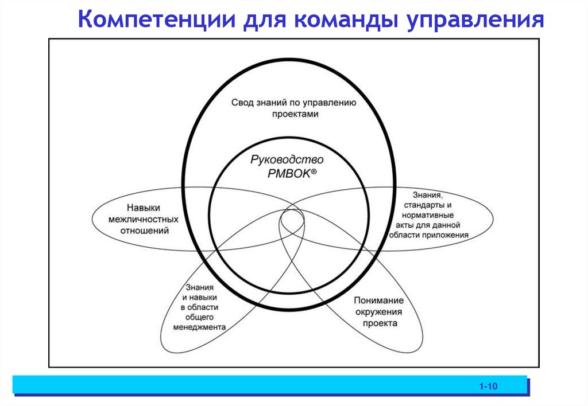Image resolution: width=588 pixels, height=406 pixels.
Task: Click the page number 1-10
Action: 488,388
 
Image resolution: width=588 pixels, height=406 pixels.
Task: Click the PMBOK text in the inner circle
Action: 288,174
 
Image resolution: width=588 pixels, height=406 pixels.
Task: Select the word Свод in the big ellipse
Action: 242,103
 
